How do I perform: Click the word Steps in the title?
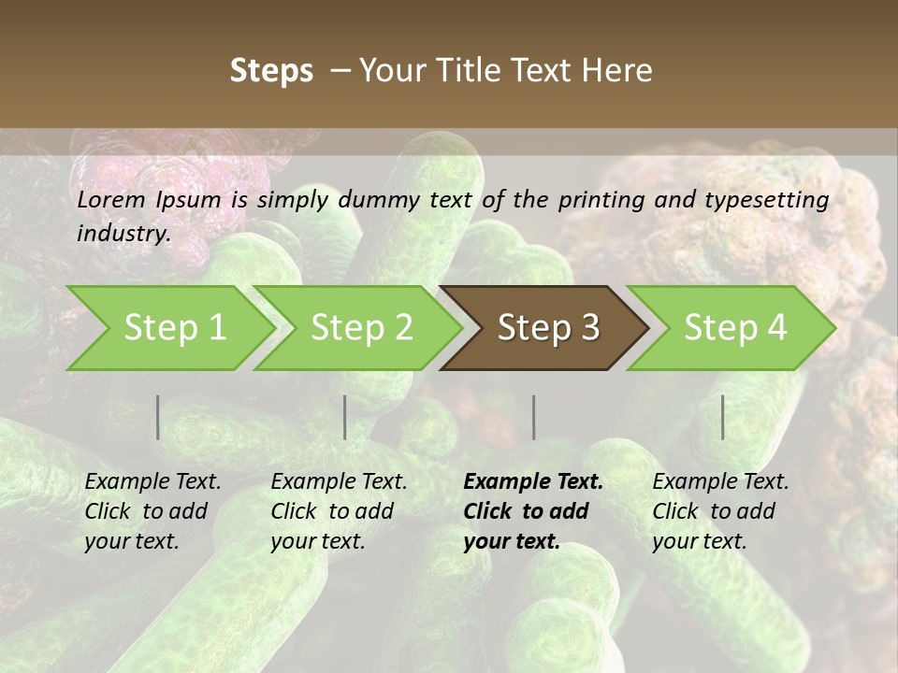coord(271,71)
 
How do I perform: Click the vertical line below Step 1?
coord(158,417)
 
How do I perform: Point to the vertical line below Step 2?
coord(345,417)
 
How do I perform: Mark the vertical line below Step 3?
coord(533,417)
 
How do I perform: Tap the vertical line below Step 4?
coord(723,417)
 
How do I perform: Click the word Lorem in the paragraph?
coord(111,200)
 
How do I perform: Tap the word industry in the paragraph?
coord(123,233)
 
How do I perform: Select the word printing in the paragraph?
coord(598,200)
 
